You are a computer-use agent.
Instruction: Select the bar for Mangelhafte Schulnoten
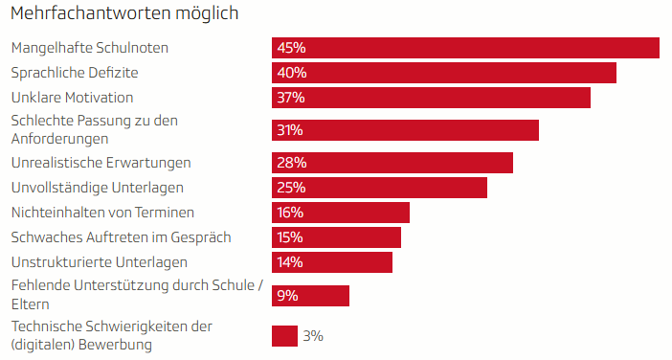[465, 48]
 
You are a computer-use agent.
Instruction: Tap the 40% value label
[291, 73]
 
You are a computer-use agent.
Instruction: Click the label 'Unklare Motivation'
[72, 98]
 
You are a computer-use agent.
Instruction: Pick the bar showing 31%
[405, 130]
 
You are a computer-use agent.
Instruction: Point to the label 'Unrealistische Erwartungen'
[101, 163]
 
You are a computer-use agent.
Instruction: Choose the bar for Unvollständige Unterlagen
[379, 188]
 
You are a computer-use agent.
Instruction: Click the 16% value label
[290, 213]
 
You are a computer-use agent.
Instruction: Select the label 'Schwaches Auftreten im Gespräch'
[121, 237]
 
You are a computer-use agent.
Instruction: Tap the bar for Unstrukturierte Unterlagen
[332, 262]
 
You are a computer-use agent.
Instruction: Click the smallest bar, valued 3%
[284, 336]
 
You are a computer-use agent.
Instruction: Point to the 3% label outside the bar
[313, 336]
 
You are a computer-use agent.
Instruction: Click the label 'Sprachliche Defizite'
[75, 73]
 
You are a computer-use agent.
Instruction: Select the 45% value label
[291, 48]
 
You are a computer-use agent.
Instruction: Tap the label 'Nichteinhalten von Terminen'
[102, 213]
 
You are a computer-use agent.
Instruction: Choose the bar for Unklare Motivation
[431, 98]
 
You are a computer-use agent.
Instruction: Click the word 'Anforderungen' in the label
[59, 139]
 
